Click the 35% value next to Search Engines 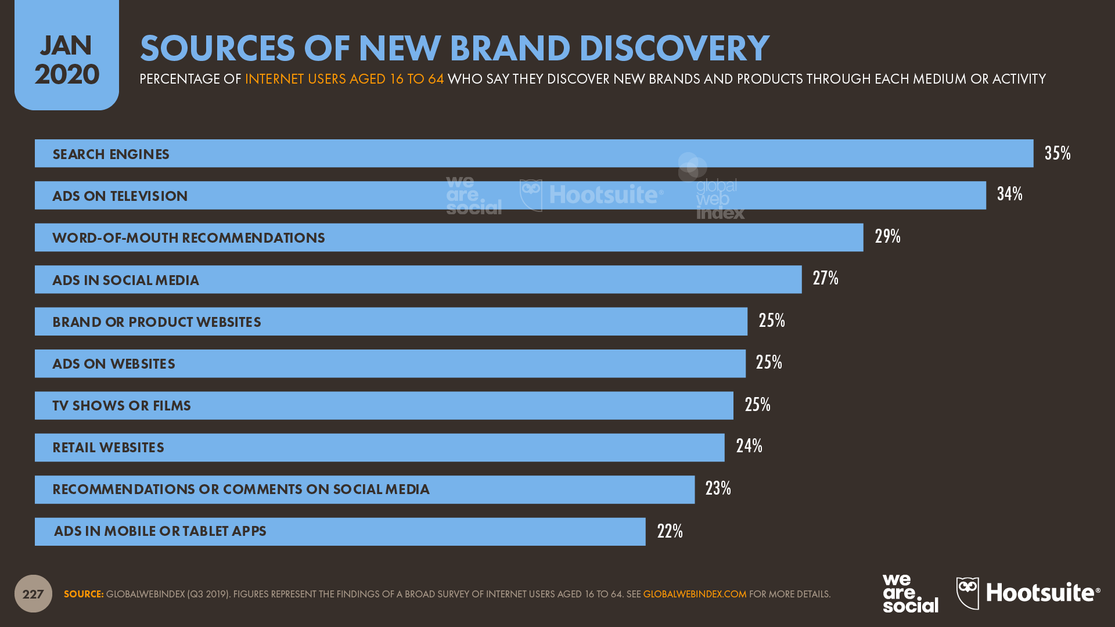tap(1057, 153)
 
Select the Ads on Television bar tap(510, 196)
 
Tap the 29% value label tap(887, 236)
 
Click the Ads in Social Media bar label tap(125, 280)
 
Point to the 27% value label tap(825, 278)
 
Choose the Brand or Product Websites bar tap(391, 322)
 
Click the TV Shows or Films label tap(121, 406)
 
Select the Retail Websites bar tap(379, 448)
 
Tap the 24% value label tap(749, 446)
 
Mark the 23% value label tap(718, 488)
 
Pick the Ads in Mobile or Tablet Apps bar tap(340, 531)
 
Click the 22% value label tap(670, 531)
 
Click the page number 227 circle tap(33, 593)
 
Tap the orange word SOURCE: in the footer tap(84, 594)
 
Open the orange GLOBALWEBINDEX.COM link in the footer tap(695, 594)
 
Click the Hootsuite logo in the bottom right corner tap(1028, 593)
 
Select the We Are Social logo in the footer tap(910, 593)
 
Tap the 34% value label tap(1009, 194)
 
